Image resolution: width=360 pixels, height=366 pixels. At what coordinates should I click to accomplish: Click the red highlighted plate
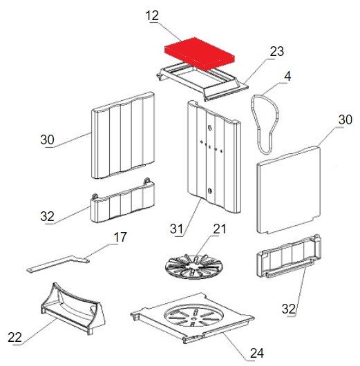click(200, 54)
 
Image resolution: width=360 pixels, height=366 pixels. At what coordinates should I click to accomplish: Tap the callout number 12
click(152, 16)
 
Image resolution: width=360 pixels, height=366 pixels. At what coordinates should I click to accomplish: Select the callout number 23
click(277, 51)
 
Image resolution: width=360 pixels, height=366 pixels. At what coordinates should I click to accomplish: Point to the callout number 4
click(287, 77)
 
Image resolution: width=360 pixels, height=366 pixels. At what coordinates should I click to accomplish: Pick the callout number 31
click(176, 229)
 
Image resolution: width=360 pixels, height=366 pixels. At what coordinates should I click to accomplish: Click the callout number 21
click(219, 229)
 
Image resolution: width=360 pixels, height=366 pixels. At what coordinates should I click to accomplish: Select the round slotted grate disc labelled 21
click(194, 267)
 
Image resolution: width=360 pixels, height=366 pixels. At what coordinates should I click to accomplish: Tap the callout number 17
click(120, 237)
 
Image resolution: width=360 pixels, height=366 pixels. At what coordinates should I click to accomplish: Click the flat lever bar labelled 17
click(57, 264)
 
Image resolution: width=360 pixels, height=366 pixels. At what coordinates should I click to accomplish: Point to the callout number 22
click(15, 337)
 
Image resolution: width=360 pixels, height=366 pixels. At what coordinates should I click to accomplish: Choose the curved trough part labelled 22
click(73, 309)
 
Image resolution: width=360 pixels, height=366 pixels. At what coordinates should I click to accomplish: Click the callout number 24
click(257, 353)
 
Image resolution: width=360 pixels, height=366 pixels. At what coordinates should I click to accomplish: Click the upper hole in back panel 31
click(209, 128)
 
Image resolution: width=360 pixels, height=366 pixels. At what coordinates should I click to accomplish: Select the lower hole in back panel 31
click(209, 191)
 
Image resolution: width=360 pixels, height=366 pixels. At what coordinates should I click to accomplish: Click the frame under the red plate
click(202, 81)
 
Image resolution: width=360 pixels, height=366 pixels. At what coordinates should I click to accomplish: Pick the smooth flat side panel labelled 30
click(289, 189)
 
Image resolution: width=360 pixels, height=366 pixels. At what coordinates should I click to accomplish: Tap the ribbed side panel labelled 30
click(122, 135)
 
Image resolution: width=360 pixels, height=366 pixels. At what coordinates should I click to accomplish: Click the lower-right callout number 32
click(289, 309)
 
